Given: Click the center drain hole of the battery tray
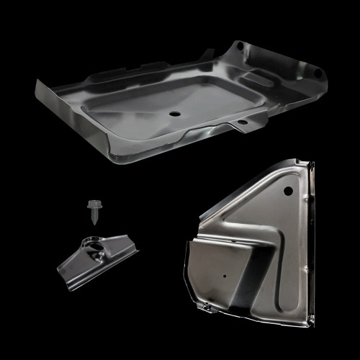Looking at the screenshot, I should [176, 114].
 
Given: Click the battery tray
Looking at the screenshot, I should [180, 101].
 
